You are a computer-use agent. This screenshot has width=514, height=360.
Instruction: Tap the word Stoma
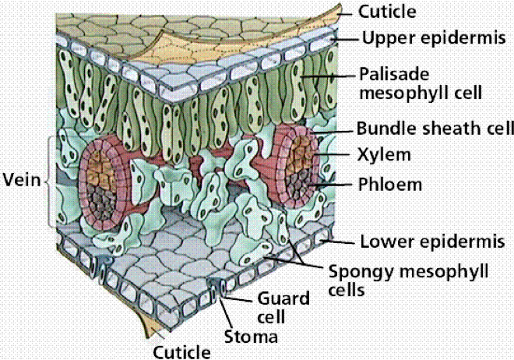(x=252, y=337)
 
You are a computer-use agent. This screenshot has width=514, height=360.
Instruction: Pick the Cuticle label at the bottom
(x=181, y=351)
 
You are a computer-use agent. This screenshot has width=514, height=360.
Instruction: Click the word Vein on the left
(x=21, y=181)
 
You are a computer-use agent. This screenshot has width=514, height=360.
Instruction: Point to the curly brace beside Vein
(x=50, y=181)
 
